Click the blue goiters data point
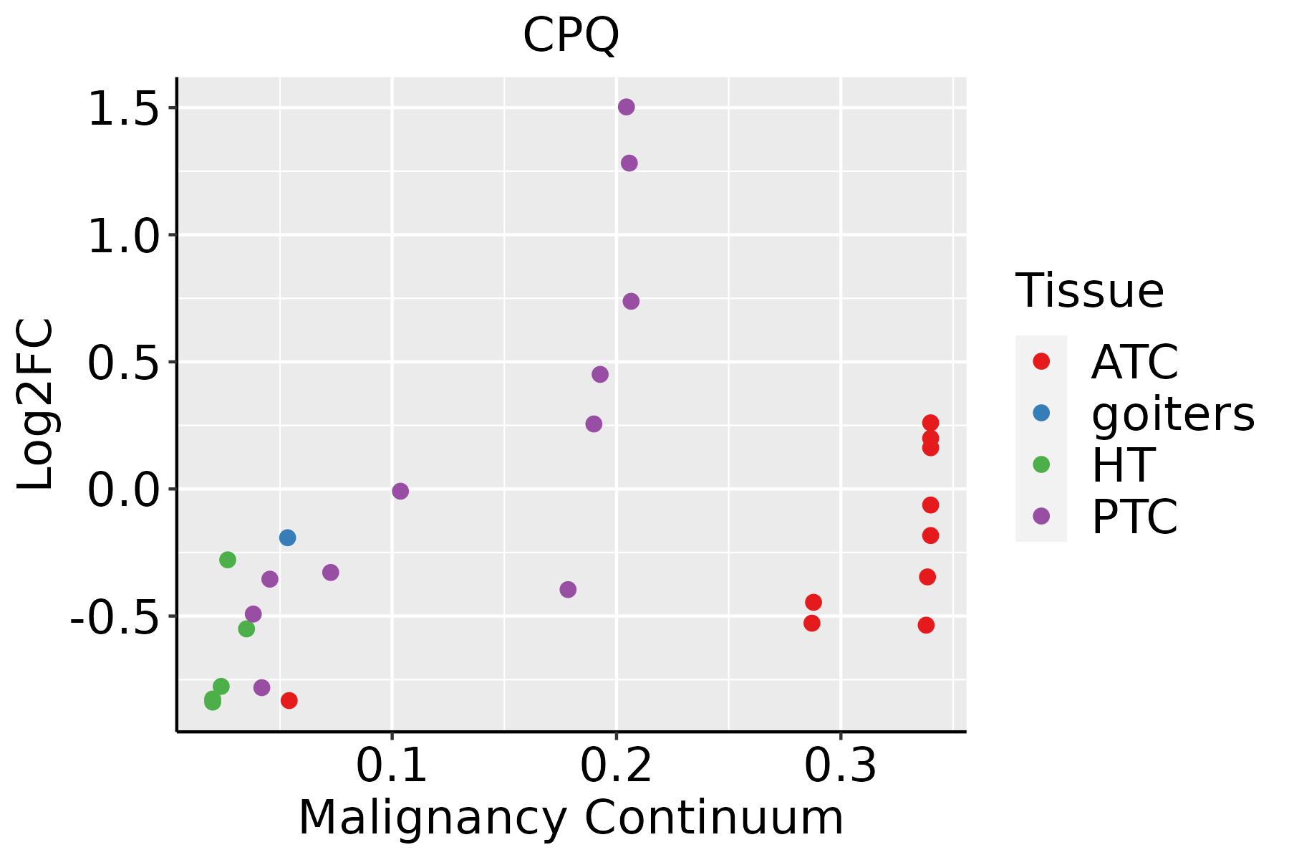287,537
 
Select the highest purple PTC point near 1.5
626,107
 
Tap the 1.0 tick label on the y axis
122,236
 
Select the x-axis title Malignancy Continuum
571,818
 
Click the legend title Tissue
1089,291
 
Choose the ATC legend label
1134,362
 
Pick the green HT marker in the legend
1041,464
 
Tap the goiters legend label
1173,414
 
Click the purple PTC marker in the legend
1041,516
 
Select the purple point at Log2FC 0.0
400,491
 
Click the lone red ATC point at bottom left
289,700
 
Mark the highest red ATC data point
930,423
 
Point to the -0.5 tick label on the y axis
113,617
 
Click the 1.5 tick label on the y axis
122,109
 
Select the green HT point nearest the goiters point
228,560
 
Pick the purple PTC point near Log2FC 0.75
631,301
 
